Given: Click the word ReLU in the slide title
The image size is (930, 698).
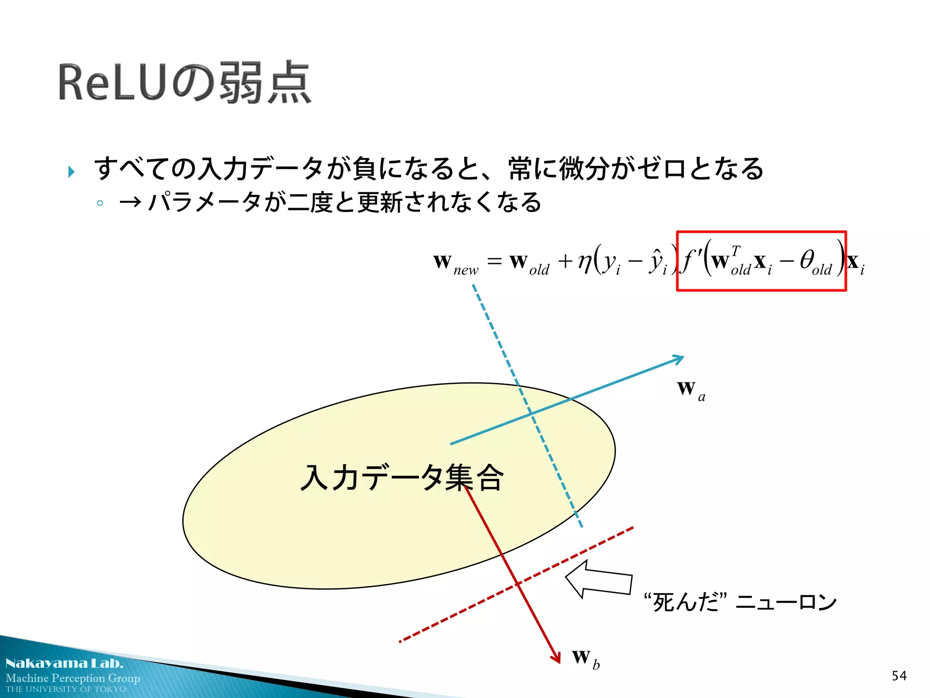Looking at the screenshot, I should [112, 83].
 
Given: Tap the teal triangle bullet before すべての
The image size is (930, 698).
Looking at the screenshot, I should [71, 172].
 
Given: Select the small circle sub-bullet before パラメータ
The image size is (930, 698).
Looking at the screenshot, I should [100, 203].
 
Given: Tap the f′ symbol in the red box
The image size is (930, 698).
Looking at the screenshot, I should [690, 261].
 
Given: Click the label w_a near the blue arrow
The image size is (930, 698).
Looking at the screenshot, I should [690, 390].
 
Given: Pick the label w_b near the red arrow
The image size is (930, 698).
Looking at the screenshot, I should [585, 658].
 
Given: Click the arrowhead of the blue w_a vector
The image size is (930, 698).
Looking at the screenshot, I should [680, 359].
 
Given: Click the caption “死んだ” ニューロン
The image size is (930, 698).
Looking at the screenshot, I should [740, 602].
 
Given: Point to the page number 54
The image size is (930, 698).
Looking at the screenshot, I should [899, 676].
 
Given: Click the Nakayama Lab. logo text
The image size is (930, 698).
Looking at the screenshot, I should [64, 663].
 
